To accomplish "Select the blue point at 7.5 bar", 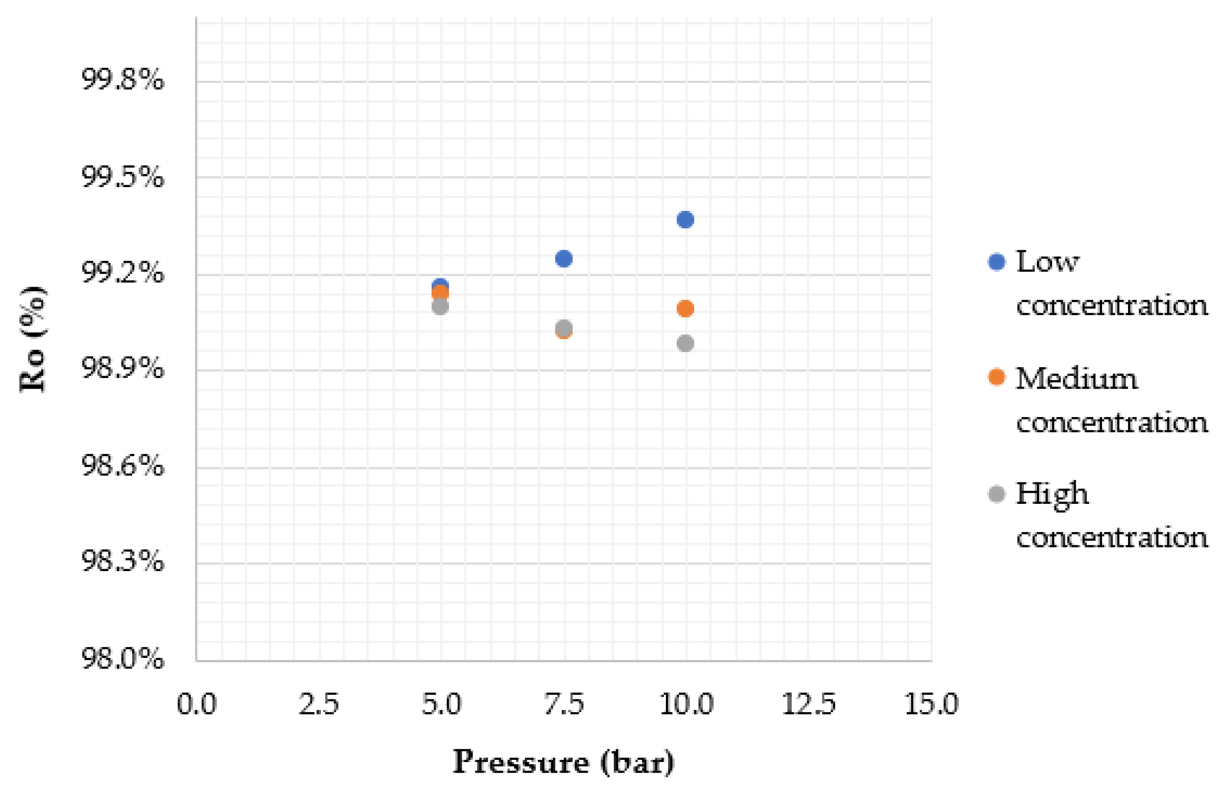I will click(x=563, y=259).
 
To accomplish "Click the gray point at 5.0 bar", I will click(x=440, y=307).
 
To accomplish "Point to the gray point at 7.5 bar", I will click(x=563, y=327).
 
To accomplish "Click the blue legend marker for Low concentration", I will click(x=996, y=262).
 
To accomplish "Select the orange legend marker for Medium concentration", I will click(x=996, y=377).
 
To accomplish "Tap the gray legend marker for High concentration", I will click(x=996, y=494).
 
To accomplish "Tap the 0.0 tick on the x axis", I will click(x=197, y=704).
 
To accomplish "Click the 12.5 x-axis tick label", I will click(x=808, y=704).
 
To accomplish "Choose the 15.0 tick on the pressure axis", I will click(x=931, y=704).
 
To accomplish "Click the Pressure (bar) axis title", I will click(x=563, y=762).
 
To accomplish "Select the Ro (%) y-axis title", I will click(x=33, y=339).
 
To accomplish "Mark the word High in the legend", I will click(x=1052, y=494).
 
